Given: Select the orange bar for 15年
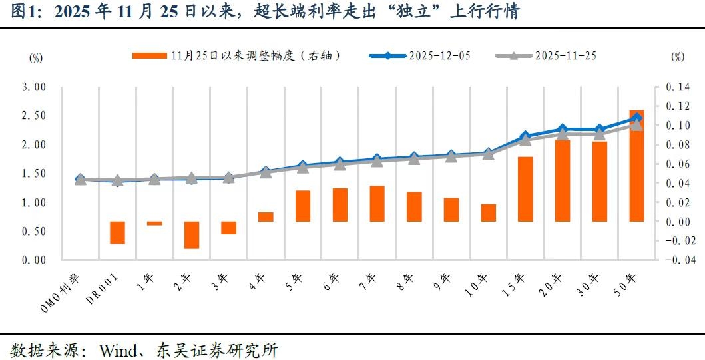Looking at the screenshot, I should coord(525,189).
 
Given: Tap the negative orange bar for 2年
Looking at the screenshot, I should coord(192,235).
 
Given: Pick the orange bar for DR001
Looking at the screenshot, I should coord(117,232).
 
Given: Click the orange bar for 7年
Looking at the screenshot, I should coord(377,204).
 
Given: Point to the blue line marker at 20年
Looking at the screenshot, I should coord(563,129).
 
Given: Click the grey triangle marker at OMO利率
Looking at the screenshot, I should coord(81,180).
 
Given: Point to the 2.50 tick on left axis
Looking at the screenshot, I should coord(33,116).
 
